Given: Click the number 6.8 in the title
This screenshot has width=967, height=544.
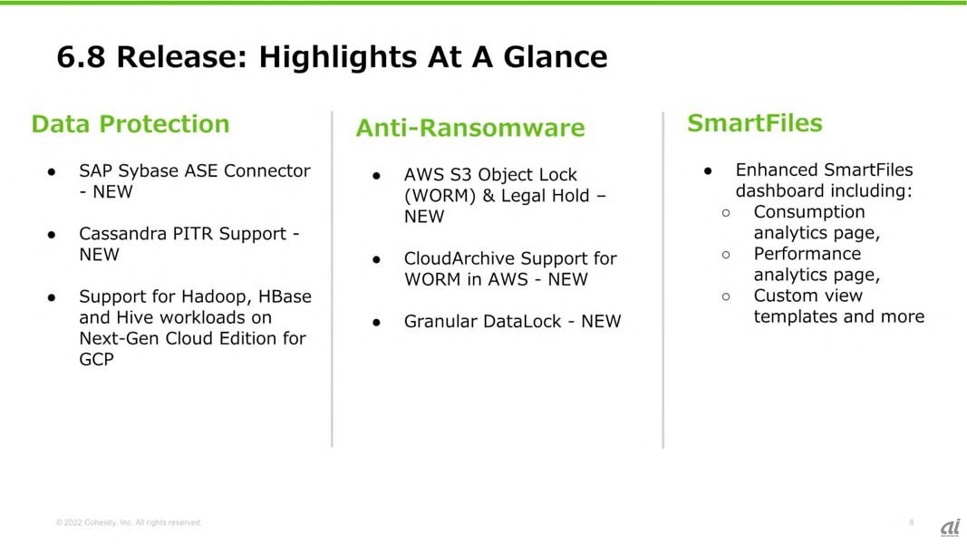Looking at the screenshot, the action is click(81, 57).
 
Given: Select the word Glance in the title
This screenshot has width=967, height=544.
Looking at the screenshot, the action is click(555, 57).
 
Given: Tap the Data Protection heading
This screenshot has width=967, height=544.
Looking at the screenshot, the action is click(131, 124).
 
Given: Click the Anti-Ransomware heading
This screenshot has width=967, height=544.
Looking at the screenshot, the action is click(470, 128).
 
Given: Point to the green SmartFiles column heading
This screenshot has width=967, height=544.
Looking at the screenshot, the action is click(755, 122).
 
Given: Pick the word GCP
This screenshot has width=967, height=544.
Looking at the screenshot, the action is click(97, 359).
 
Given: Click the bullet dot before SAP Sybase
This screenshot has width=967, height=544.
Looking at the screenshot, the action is click(52, 172).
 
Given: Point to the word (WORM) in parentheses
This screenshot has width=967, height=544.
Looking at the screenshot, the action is click(440, 196).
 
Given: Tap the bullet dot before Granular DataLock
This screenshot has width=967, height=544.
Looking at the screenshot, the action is click(377, 323).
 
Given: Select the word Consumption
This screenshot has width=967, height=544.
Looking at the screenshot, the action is click(809, 212).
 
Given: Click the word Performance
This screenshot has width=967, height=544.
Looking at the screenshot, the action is click(807, 254).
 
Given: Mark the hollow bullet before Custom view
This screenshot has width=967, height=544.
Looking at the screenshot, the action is click(726, 296).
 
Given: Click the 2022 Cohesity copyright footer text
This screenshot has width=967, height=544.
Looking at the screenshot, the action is click(129, 522).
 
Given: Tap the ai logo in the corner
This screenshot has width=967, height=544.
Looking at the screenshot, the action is click(951, 528).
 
